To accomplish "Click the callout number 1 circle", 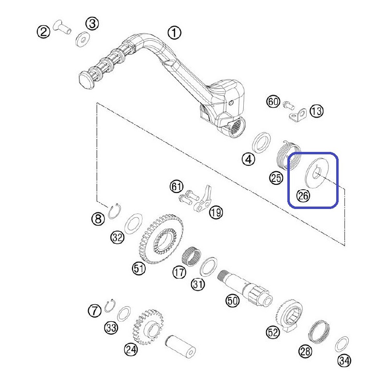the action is [174, 33].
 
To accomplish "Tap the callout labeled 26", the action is [303, 196].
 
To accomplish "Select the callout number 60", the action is [273, 102].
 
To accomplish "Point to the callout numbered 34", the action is [344, 360].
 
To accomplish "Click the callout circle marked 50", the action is [233, 301].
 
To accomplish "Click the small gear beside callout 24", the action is [148, 327].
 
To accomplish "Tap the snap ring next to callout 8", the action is [115, 211].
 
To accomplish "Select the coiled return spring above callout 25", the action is [288, 155].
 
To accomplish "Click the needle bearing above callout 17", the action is [192, 257].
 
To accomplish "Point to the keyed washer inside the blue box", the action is [317, 173].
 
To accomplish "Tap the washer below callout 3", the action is [82, 39].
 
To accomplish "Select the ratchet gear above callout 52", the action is [288, 315].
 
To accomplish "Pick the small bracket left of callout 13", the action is [298, 115].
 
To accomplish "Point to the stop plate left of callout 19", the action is [204, 199].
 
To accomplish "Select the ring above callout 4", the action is [261, 143].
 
